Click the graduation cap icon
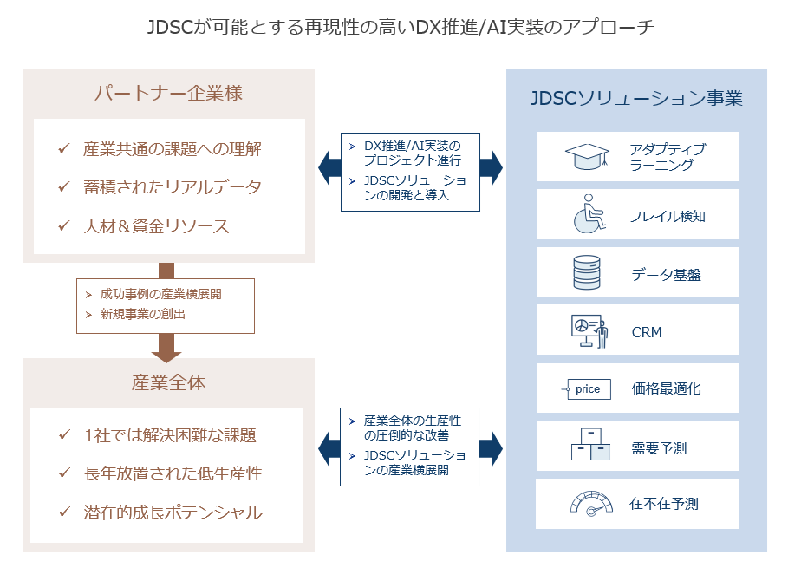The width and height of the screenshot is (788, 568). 588,157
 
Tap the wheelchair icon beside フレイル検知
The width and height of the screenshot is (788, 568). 588,214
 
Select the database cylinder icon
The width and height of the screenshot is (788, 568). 587,272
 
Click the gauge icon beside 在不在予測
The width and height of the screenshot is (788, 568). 589,504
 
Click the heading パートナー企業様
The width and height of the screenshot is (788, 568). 167,94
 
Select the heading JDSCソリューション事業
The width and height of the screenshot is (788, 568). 636,98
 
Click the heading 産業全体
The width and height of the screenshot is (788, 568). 168,382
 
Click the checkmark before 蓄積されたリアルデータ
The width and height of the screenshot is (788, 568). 63,187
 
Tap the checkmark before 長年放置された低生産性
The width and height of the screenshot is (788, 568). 63,473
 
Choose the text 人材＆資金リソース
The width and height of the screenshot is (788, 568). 156,226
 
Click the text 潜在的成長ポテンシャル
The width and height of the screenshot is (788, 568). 173,513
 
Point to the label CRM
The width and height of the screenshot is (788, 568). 647,332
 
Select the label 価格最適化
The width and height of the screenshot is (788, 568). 666,389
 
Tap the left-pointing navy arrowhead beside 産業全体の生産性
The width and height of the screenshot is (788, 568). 329,448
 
